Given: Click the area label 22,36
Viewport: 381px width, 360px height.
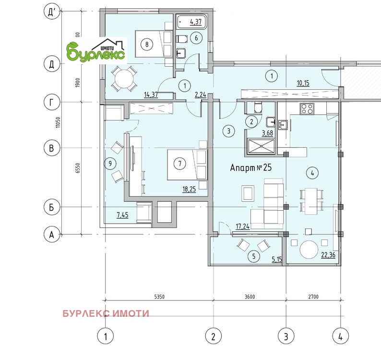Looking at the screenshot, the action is pyautogui.click(x=328, y=255).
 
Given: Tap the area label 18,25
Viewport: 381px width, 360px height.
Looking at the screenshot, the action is pyautogui.click(x=189, y=189).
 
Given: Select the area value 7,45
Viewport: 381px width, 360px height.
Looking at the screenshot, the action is pyautogui.click(x=122, y=215).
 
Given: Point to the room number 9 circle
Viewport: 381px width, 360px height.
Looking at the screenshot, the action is pyautogui.click(x=110, y=163).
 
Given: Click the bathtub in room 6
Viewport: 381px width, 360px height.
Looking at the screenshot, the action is pyautogui.click(x=192, y=22).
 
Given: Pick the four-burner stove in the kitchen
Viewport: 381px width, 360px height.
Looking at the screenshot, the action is pyautogui.click(x=307, y=108).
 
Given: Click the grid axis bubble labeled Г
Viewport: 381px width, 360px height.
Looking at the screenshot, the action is pyautogui.click(x=51, y=102).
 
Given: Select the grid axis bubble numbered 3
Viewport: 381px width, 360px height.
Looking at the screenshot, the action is pyautogui.click(x=286, y=336).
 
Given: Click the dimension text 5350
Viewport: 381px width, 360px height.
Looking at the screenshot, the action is pyautogui.click(x=159, y=297).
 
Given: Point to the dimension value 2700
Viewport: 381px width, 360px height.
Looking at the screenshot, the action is pyautogui.click(x=313, y=297).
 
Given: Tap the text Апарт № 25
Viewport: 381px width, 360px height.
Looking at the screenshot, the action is pyautogui.click(x=251, y=168).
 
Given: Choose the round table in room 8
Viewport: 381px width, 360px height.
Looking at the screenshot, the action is pyautogui.click(x=124, y=79).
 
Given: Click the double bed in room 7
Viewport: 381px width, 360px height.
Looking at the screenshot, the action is pyautogui.click(x=187, y=165).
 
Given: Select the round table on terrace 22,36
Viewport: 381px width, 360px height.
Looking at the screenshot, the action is pyautogui.click(x=309, y=250).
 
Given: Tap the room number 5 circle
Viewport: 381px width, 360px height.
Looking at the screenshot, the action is pyautogui.click(x=254, y=256).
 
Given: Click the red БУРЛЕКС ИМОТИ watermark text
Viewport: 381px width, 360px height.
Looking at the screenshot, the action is pyautogui.click(x=106, y=313).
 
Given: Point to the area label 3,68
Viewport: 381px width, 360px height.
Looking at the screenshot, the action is pyautogui.click(x=267, y=133).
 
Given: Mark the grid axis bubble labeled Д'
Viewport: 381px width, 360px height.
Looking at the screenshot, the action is pyautogui.click(x=51, y=12).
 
